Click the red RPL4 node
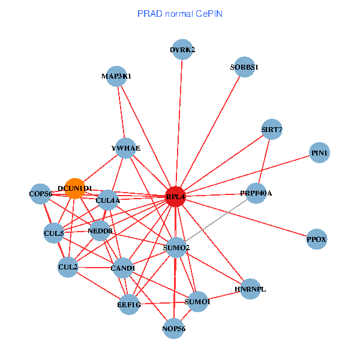tap(175, 196)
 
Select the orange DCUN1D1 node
tap(75, 188)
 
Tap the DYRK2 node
tap(182, 50)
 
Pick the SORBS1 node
tap(244, 67)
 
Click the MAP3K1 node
tap(116, 76)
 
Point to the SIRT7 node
tap(272, 129)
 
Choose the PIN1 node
tap(320, 154)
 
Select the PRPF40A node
tap(256, 193)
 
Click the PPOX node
tap(316, 239)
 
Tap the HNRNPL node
tap(250, 289)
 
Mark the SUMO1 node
tap(197, 301)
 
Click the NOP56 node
tap(174, 328)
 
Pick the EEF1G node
tap(129, 305)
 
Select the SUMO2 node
tap(176, 247)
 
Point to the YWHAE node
tap(125, 148)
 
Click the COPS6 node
tap(41, 194)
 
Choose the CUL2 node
tap(68, 266)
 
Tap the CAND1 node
tap(122, 268)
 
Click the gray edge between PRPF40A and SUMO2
tap(216, 220)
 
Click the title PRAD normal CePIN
tap(180, 13)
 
